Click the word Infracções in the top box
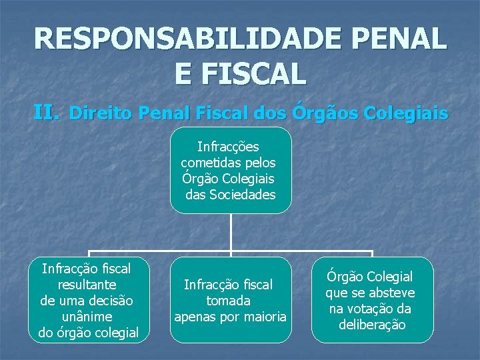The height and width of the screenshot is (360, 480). tap(229, 147)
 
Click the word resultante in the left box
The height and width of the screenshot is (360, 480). tap(86, 285)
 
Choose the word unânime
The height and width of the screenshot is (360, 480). tap(87, 317)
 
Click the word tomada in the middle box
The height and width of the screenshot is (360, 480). tap(229, 301)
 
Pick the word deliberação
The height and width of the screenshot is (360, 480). tap(372, 325)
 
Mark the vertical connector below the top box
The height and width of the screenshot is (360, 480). tap(231, 233)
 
